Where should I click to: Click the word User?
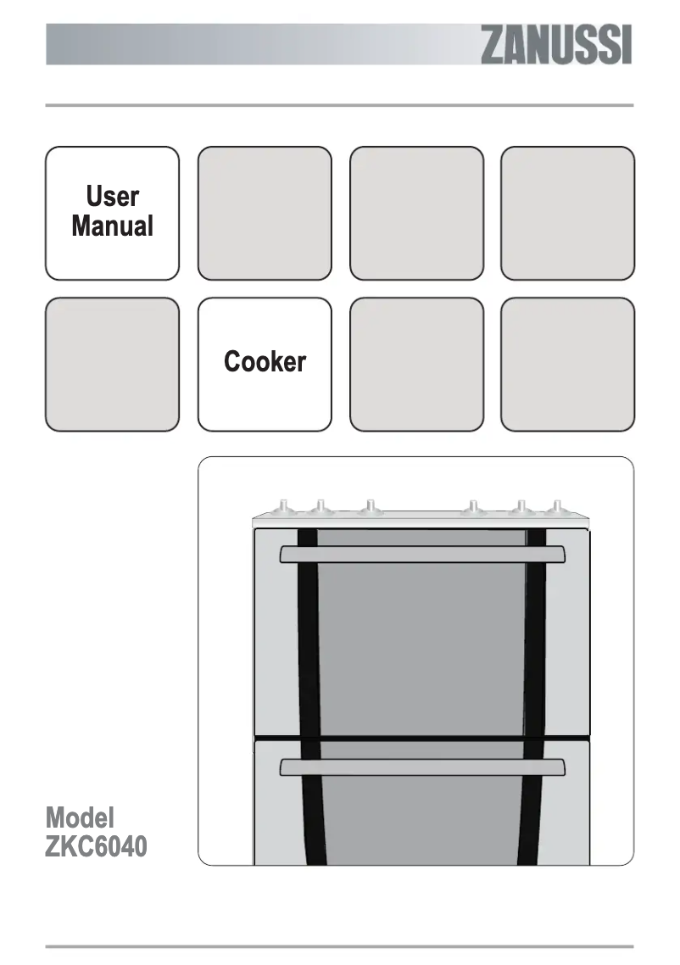coord(112,197)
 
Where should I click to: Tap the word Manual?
coord(112,226)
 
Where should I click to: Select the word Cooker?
coord(265,362)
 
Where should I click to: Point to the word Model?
coord(80,817)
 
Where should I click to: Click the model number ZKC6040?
coord(96,846)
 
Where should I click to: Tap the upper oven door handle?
coord(422,554)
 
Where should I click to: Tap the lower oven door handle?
coord(422,767)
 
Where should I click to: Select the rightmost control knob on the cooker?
coord(555,508)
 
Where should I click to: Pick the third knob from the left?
coord(370,508)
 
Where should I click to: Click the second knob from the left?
coord(320,508)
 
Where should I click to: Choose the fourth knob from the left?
coord(473,508)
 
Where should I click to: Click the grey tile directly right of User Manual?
coord(265,213)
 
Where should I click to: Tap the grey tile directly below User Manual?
coord(112,365)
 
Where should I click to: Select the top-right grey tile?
coord(567,213)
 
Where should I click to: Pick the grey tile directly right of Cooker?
coord(416,365)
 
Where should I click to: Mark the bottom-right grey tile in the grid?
coord(567,365)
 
